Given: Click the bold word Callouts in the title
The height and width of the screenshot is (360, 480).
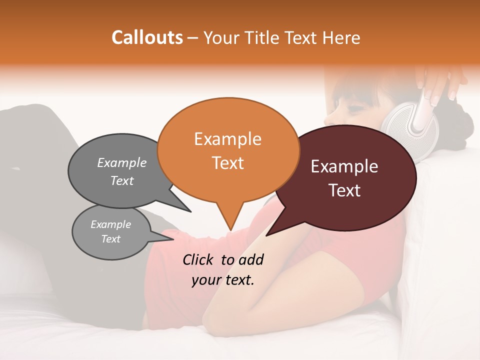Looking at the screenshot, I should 147,37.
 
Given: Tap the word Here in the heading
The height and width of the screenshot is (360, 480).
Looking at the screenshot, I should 340,38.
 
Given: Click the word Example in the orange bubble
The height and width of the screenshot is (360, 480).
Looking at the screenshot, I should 227,138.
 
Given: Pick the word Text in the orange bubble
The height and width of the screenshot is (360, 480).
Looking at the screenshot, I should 227,162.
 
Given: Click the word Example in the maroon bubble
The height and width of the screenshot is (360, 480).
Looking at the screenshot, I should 344,166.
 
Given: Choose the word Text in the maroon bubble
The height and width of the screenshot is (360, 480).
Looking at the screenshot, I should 345,190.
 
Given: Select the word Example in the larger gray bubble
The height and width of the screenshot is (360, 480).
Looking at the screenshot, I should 122,162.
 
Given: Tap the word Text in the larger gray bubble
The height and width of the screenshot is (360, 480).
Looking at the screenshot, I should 122,180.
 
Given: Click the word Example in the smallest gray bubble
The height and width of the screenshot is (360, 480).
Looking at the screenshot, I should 111,224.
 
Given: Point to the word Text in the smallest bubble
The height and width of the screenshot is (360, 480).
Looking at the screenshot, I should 111,239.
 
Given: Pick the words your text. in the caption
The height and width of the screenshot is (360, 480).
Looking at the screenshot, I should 223,280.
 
